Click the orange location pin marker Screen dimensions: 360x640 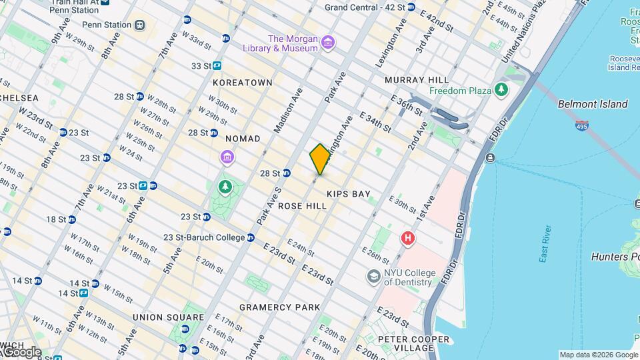coord(320,159)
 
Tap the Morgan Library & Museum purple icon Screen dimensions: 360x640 coord(327,43)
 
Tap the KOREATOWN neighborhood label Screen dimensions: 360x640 coord(243,83)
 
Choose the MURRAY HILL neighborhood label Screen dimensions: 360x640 coord(415,80)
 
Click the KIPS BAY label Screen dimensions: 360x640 coord(348,194)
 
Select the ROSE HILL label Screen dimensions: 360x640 coord(302,207)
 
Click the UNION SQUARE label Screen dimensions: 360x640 coord(168,317)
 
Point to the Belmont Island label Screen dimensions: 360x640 coord(593,104)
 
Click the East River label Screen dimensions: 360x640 coord(545,247)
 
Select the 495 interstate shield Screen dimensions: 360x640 coord(582,125)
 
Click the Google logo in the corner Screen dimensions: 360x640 coord(21,351)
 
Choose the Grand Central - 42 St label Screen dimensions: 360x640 coord(365,7)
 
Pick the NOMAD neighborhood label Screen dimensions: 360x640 coord(243,138)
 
